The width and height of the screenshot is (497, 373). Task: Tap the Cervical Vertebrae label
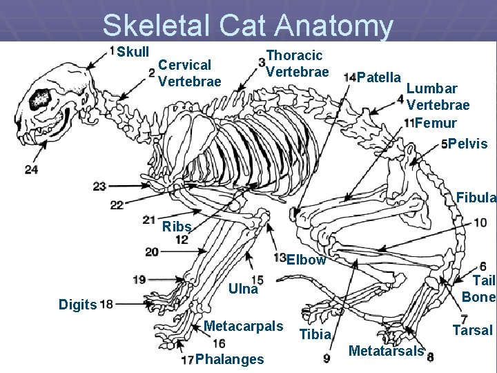189,73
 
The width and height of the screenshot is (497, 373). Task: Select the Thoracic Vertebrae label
298,63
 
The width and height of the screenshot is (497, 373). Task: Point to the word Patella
380,76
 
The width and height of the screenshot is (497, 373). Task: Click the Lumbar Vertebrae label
438,97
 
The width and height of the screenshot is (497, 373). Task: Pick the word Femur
436,123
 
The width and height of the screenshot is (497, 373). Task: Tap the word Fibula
476,198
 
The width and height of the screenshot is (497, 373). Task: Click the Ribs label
176,227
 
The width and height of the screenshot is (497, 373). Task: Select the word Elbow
306,260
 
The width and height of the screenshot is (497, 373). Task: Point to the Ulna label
243,289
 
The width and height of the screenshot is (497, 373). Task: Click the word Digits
77,304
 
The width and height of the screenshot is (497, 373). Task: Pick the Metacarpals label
244,325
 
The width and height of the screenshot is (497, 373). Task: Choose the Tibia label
316,335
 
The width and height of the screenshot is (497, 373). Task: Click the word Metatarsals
386,351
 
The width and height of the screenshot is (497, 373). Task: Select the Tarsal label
472,330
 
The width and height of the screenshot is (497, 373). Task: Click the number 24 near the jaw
31,169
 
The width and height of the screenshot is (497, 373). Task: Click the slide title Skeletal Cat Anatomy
248,26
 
